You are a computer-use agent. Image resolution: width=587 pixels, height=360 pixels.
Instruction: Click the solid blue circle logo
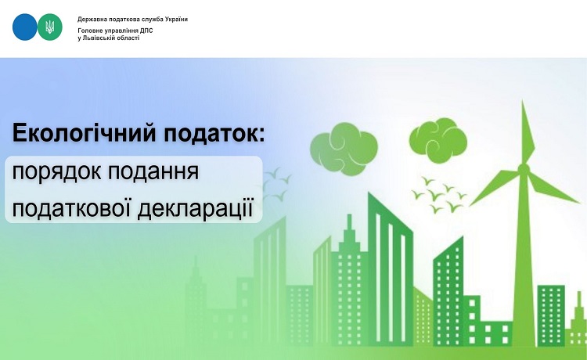click(x=25, y=27)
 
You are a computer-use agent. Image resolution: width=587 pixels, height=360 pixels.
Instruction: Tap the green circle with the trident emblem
click(x=50, y=27)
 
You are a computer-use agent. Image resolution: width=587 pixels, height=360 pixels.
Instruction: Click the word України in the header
click(x=176, y=19)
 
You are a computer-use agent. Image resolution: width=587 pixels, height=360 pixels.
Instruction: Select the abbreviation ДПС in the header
click(x=147, y=31)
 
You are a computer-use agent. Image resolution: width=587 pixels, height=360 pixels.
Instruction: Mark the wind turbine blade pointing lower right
click(x=554, y=189)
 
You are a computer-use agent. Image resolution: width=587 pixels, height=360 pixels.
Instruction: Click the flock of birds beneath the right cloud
click(x=439, y=194)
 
